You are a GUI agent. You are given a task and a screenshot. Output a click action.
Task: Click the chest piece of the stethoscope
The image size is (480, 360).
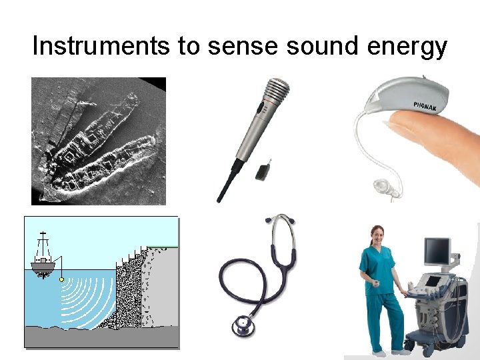coord(241,325)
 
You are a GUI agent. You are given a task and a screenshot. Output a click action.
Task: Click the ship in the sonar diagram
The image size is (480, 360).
coord(43,257)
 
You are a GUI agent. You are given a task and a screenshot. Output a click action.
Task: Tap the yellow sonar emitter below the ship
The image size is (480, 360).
coord(62,280)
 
